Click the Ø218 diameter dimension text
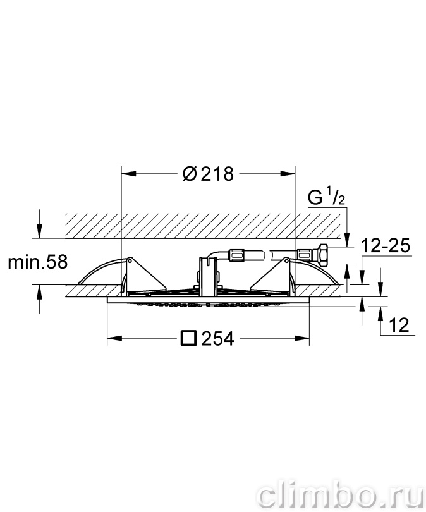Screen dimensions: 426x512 coord(209,174)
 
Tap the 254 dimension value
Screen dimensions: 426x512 coord(217,338)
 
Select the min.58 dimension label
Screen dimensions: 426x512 coord(38,262)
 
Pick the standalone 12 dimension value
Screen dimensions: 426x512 coord(399,325)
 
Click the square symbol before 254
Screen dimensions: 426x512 coord(189,338)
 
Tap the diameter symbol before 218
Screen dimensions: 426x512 coord(190,174)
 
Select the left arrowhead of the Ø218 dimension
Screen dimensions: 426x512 coord(128,174)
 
